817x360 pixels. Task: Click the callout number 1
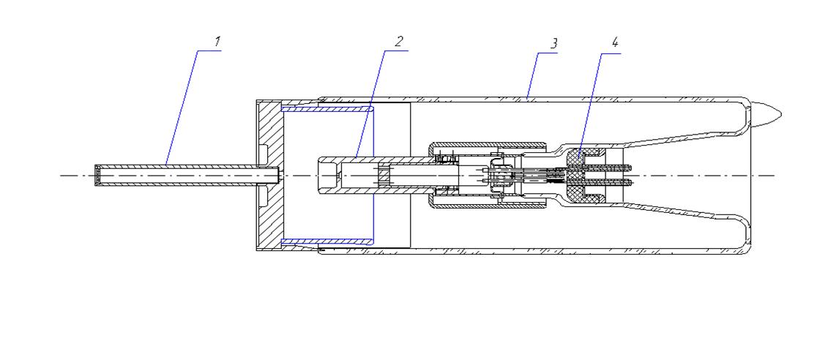[218, 41]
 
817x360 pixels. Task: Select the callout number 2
[398, 41]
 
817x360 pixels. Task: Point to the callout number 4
[615, 42]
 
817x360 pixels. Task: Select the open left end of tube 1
[96, 176]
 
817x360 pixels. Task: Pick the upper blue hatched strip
[327, 110]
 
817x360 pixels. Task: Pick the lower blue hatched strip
[327, 241]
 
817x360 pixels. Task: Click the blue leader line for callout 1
[182, 108]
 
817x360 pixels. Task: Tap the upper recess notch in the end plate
[263, 153]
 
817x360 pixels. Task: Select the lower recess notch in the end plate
[263, 198]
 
